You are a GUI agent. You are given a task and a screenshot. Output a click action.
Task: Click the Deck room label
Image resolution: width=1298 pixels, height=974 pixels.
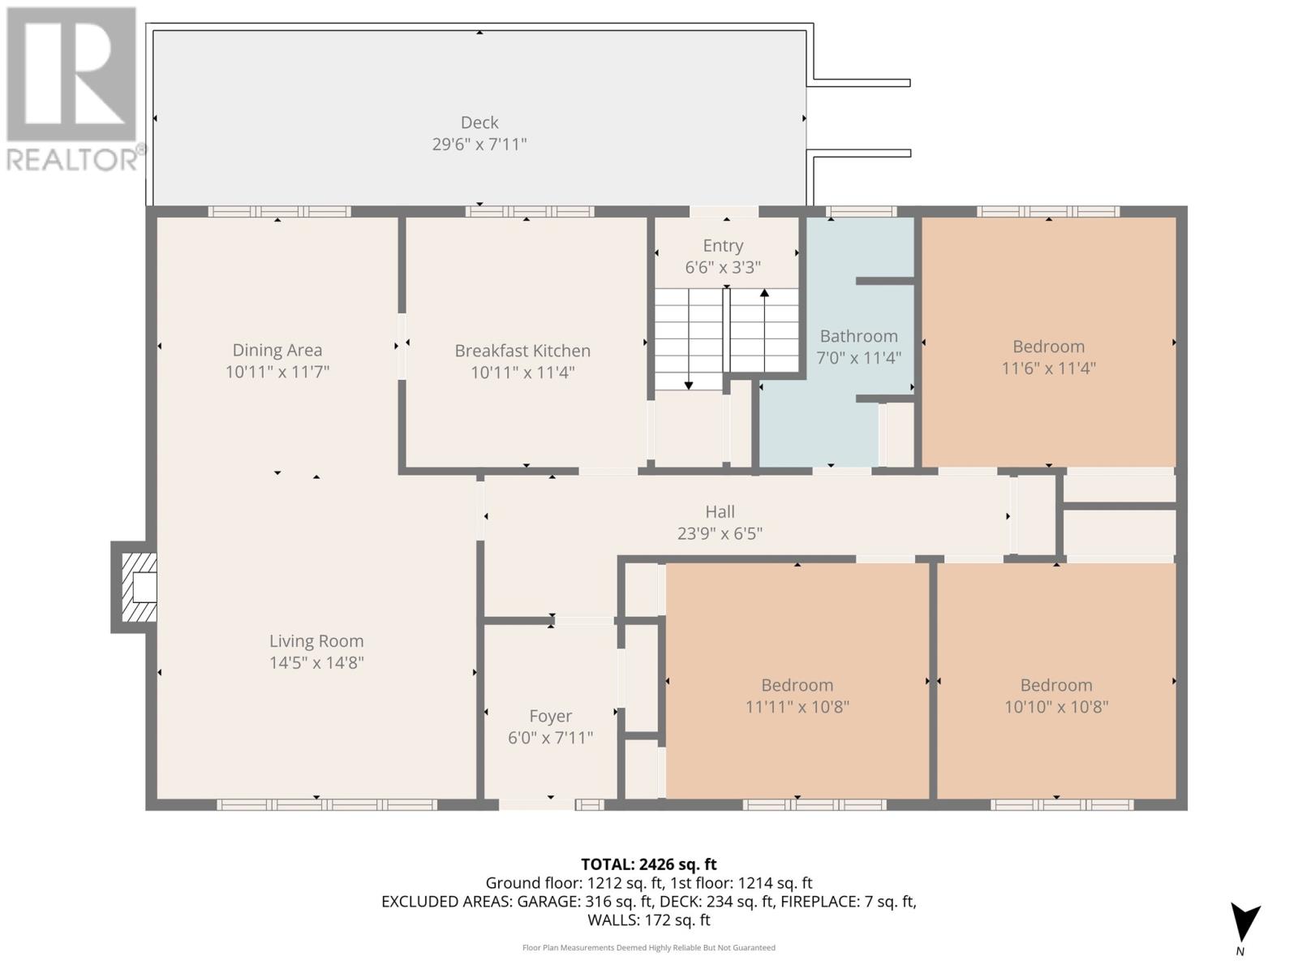479,123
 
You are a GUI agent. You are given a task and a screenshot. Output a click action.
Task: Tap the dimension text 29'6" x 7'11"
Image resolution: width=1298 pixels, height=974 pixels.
479,144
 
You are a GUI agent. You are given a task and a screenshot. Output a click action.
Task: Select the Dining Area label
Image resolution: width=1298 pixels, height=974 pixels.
277,350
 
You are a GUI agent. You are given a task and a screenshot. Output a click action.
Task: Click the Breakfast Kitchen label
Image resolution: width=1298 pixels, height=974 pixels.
522,351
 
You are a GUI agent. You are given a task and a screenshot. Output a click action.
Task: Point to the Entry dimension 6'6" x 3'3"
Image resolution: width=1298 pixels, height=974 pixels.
722,268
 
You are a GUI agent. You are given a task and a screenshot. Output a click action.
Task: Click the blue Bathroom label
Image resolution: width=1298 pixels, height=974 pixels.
858,336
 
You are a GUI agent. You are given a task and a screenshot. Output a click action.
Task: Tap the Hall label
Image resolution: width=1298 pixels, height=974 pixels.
720,511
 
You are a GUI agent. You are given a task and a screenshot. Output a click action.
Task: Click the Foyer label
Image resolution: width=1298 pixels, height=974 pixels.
550,716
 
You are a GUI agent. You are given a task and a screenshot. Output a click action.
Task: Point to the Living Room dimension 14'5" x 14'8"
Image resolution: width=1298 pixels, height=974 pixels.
316,663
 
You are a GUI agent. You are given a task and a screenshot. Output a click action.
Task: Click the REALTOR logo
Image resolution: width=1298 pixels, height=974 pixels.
73,89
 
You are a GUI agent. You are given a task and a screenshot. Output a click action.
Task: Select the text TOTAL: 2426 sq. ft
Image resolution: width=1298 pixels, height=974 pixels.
648,864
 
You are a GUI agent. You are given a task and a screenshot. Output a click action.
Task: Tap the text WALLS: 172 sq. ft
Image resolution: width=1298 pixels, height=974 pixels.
648,920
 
